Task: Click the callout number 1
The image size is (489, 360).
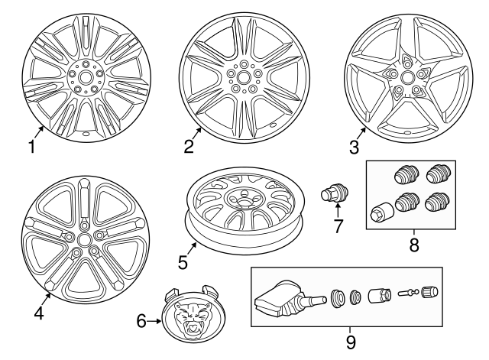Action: (x=32, y=147)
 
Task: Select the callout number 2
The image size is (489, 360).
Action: (x=189, y=146)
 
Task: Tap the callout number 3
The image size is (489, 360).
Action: (x=355, y=148)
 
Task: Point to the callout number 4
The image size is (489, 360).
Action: (x=39, y=313)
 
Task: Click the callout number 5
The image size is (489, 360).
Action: (x=183, y=262)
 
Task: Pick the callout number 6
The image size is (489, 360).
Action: (x=141, y=321)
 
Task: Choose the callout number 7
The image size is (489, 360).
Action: (x=338, y=226)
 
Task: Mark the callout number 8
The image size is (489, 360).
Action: (x=414, y=245)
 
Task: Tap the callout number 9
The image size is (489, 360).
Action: (x=351, y=342)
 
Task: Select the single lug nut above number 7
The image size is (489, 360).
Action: (x=335, y=193)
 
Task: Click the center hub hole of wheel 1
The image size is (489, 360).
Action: (x=85, y=78)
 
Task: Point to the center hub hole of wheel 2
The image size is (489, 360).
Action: (x=243, y=76)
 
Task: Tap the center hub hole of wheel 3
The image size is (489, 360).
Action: (x=406, y=77)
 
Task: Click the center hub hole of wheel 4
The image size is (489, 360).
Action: (x=83, y=239)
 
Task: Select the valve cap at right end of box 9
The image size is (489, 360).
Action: (x=429, y=292)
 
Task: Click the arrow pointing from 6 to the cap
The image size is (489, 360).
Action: (x=154, y=321)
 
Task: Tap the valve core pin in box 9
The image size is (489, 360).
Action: (x=408, y=293)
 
